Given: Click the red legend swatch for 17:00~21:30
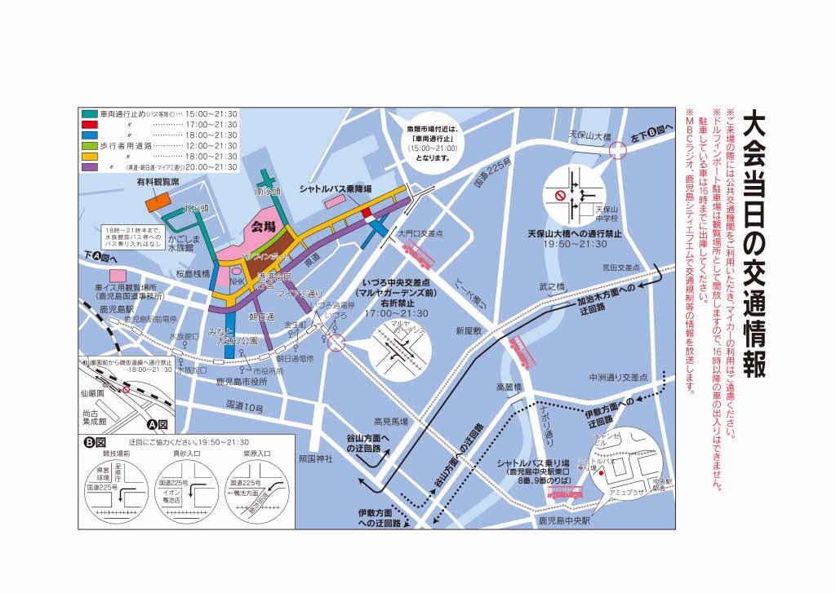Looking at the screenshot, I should pos(88,124).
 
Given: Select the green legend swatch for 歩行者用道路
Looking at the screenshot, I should pos(88,145).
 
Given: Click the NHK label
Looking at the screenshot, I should pos(237,281).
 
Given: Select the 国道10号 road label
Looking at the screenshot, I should pos(244,405).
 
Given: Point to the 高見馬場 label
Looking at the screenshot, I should pos(390,422).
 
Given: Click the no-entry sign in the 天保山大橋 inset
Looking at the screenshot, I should pos(560,196).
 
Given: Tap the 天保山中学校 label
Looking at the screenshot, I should pos(605,215).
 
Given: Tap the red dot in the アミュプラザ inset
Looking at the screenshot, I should pos(601,472).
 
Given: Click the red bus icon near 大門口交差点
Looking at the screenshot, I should pos(417,260).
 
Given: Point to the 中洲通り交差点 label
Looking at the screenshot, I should pos(619,378).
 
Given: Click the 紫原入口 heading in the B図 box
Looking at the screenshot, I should pos(251,451).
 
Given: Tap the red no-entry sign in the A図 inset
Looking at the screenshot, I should pos(127,389).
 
